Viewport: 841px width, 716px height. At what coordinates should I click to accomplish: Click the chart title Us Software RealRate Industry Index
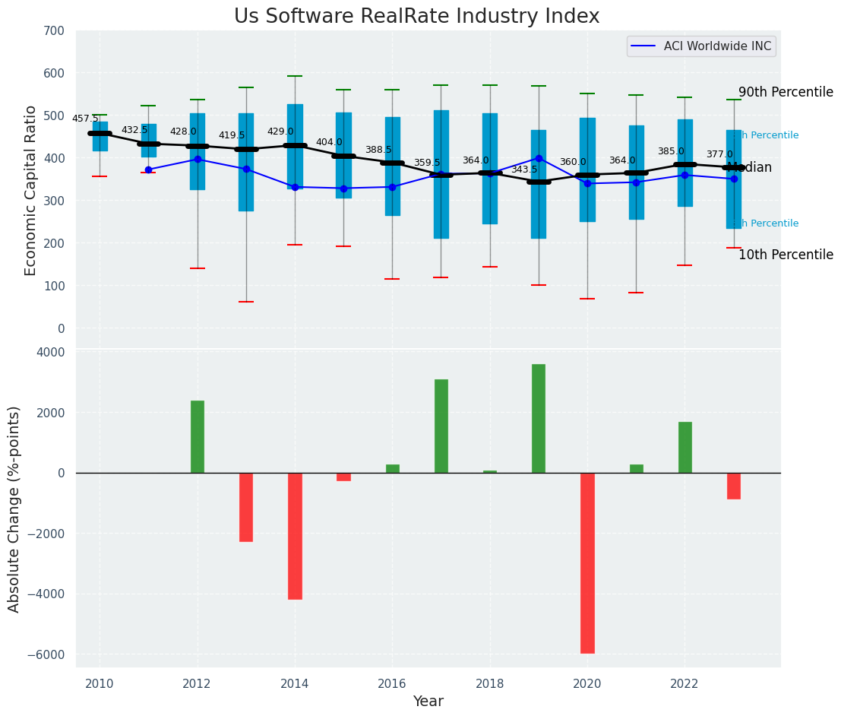(x=416, y=17)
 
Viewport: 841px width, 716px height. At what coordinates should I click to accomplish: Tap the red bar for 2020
(x=587, y=562)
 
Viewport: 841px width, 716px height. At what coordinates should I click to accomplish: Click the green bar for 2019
(x=539, y=418)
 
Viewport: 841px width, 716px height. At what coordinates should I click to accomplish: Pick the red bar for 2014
(x=295, y=536)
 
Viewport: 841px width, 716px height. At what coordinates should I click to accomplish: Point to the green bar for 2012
(x=198, y=436)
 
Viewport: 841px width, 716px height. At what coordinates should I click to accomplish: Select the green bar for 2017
(x=441, y=426)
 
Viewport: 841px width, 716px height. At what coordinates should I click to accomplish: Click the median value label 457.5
(x=85, y=119)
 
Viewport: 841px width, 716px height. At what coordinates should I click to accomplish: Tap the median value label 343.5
(x=524, y=169)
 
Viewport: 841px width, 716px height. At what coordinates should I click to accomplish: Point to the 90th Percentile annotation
(x=786, y=92)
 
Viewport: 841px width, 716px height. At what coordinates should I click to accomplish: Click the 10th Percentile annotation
(x=786, y=255)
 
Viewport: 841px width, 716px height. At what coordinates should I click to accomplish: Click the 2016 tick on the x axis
(x=392, y=683)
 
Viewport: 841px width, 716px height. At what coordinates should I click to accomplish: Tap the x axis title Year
(x=428, y=702)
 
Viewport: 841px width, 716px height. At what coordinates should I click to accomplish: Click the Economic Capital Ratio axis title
(x=31, y=190)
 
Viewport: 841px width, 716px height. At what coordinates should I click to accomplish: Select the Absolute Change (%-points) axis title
(x=14, y=508)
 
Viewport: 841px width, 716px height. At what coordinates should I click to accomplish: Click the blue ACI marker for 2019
(x=539, y=158)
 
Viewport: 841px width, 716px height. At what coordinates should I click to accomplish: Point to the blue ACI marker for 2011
(x=148, y=169)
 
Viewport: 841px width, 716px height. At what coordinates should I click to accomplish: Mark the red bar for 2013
(x=246, y=507)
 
